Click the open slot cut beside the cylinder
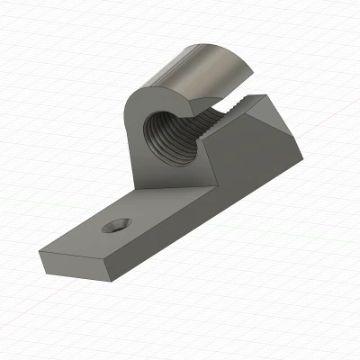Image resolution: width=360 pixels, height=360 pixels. tap(216, 106)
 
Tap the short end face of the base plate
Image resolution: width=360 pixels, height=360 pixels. tap(72, 265)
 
